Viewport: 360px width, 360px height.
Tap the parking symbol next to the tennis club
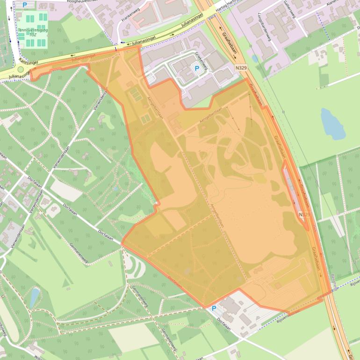[24, 5]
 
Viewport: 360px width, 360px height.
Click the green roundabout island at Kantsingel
[20, 70]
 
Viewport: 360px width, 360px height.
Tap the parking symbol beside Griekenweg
[197, 69]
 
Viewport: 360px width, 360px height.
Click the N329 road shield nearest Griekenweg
[241, 68]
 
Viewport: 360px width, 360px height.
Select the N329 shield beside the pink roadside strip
[304, 214]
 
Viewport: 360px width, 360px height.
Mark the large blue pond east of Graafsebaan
[332, 123]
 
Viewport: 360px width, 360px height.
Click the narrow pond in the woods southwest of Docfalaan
[34, 297]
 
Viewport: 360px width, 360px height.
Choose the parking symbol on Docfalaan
[214, 309]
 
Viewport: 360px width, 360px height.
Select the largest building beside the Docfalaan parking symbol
[230, 306]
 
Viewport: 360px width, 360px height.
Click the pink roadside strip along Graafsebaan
[294, 192]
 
